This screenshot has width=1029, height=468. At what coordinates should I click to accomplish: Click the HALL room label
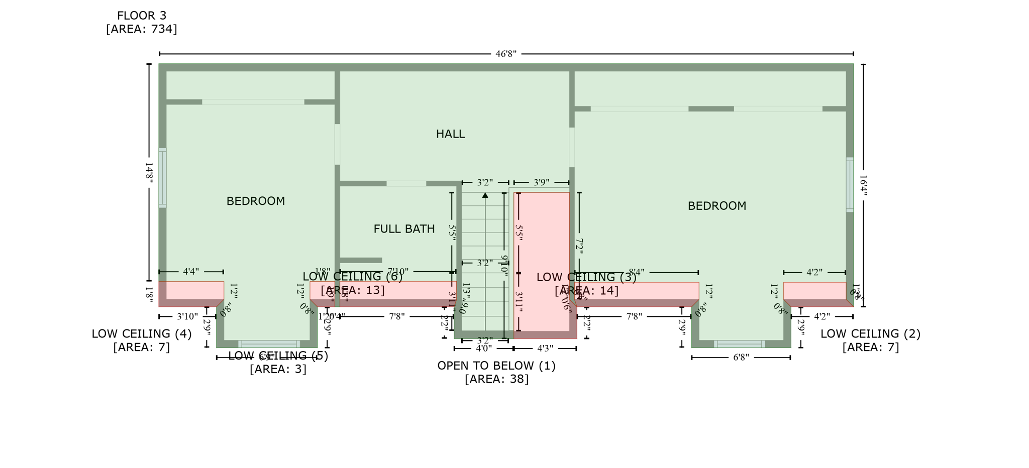coord(450,134)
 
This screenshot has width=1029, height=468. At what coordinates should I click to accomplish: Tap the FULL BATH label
coord(404,229)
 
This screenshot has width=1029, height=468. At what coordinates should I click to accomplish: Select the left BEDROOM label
coord(255,201)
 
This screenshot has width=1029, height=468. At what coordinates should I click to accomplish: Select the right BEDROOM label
coord(716,206)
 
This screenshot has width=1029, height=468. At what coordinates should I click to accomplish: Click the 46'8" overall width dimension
coord(505,54)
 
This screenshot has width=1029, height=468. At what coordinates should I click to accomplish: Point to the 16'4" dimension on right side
coord(863,185)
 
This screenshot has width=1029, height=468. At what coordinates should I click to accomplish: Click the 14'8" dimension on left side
coord(149,172)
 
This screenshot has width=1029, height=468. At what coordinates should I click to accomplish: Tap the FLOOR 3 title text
coord(141,16)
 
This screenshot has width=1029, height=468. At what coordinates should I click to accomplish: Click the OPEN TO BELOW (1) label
coord(496,366)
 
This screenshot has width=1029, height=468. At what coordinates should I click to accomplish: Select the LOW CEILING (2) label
coord(870,334)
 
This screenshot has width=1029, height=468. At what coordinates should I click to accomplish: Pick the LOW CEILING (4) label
coord(141,334)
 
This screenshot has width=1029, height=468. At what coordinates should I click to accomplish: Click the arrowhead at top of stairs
coord(485,195)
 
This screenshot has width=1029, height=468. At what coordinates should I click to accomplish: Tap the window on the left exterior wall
coord(162,178)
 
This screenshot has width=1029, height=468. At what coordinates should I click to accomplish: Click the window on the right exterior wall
coord(850,185)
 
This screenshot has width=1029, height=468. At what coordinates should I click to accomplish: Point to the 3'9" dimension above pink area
coord(541,182)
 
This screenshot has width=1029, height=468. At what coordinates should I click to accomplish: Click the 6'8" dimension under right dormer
coord(741,358)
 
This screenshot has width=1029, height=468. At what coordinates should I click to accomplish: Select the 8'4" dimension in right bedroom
coord(636,272)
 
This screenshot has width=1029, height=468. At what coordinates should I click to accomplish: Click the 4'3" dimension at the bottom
coord(545,348)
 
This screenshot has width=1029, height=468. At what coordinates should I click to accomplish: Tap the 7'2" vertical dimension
coord(579,246)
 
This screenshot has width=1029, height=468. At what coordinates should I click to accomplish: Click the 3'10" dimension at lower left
coord(187,317)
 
